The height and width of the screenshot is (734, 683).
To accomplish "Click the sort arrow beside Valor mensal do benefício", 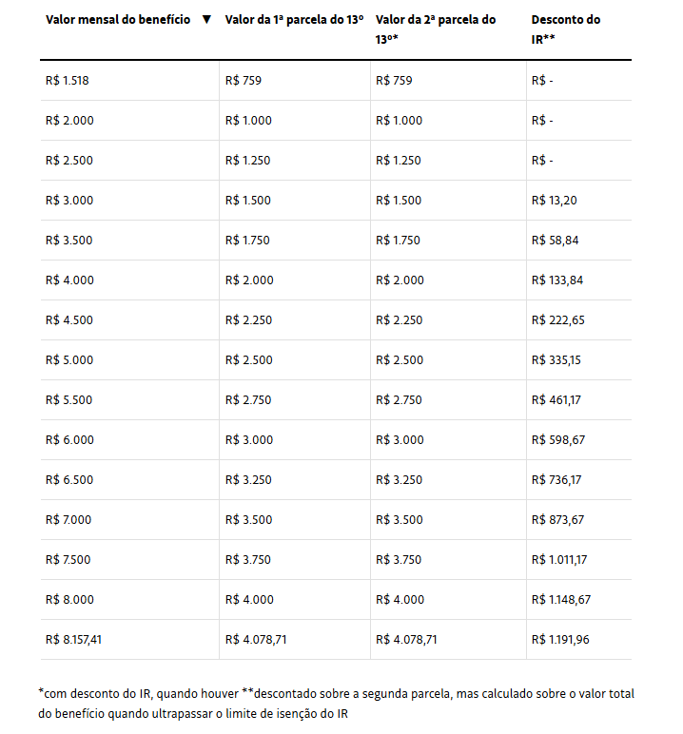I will coord(206,20).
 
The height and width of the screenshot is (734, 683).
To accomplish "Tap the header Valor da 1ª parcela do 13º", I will coord(294,20).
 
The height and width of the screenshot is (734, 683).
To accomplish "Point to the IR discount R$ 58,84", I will coord(555,241).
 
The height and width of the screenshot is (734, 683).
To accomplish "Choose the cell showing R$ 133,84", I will coord(557,280).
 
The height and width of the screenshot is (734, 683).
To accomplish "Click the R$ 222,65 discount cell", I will coord(557,320).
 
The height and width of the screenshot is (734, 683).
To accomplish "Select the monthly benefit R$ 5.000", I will coord(69,360).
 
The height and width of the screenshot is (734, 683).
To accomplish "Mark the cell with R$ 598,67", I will coord(557,440).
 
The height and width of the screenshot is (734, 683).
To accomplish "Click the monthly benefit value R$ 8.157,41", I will coord(73,640).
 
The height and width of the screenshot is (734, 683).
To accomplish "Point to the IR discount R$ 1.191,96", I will coord(560,640).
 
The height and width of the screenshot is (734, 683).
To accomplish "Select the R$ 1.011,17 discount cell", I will coord(559,560).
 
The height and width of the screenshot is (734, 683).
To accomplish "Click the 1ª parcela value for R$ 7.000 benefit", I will coord(249,520).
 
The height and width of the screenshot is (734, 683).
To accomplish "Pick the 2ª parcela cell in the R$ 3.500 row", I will coord(399,241).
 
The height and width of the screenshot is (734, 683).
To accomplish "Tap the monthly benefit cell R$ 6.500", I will coord(69,480).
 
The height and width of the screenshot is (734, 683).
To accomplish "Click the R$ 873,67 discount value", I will coord(557,520).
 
